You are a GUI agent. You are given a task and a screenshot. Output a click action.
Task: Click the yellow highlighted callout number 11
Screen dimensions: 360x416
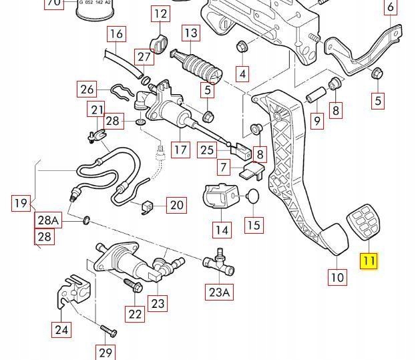click(x=369, y=260)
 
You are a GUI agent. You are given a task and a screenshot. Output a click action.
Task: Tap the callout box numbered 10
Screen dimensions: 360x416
click(x=338, y=277)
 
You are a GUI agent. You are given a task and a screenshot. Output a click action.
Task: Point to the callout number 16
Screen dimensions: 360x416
click(x=116, y=33)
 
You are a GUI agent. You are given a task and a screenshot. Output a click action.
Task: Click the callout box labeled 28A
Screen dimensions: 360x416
click(x=47, y=220)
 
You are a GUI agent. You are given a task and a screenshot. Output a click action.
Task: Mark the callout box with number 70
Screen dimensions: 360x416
click(x=53, y=3)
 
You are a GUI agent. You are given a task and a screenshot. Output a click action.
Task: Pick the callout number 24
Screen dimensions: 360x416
click(x=61, y=329)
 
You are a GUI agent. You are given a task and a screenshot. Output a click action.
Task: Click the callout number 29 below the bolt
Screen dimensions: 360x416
click(x=106, y=352)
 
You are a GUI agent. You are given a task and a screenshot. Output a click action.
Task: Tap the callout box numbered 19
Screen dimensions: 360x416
click(x=21, y=203)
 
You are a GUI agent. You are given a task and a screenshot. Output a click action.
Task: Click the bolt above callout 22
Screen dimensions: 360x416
click(x=131, y=286)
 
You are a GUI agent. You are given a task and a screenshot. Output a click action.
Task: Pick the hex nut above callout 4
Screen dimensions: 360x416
click(x=242, y=47)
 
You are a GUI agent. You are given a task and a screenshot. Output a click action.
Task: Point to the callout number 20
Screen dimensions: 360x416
click(x=176, y=204)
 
